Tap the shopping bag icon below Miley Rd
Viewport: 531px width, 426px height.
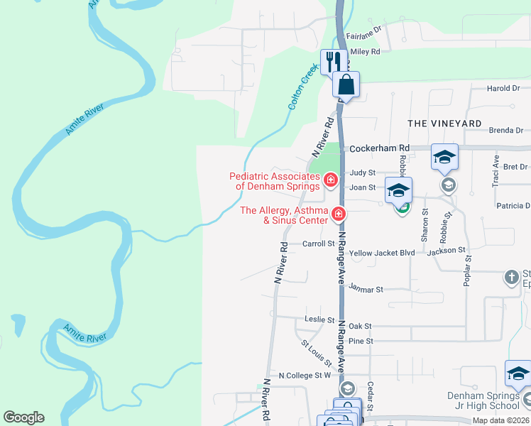pyautogui.click(x=346, y=84)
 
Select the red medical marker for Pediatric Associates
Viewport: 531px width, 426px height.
pyautogui.click(x=330, y=181)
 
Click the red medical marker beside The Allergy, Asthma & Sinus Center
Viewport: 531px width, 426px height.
pyautogui.click(x=339, y=213)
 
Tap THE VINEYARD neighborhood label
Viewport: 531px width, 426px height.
pyautogui.click(x=444, y=124)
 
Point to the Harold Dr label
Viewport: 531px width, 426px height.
pyautogui.click(x=505, y=89)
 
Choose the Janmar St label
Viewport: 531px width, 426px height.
pyautogui.click(x=366, y=290)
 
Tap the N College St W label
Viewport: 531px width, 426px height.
pyautogui.click(x=305, y=375)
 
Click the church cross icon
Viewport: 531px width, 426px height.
pyautogui.click(x=512, y=278)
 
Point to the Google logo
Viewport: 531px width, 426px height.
pyautogui.click(x=23, y=417)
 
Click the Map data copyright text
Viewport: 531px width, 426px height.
pyautogui.click(x=500, y=420)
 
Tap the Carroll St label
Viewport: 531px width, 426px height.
pyautogui.click(x=318, y=244)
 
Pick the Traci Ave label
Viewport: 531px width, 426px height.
pyautogui.click(x=496, y=173)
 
